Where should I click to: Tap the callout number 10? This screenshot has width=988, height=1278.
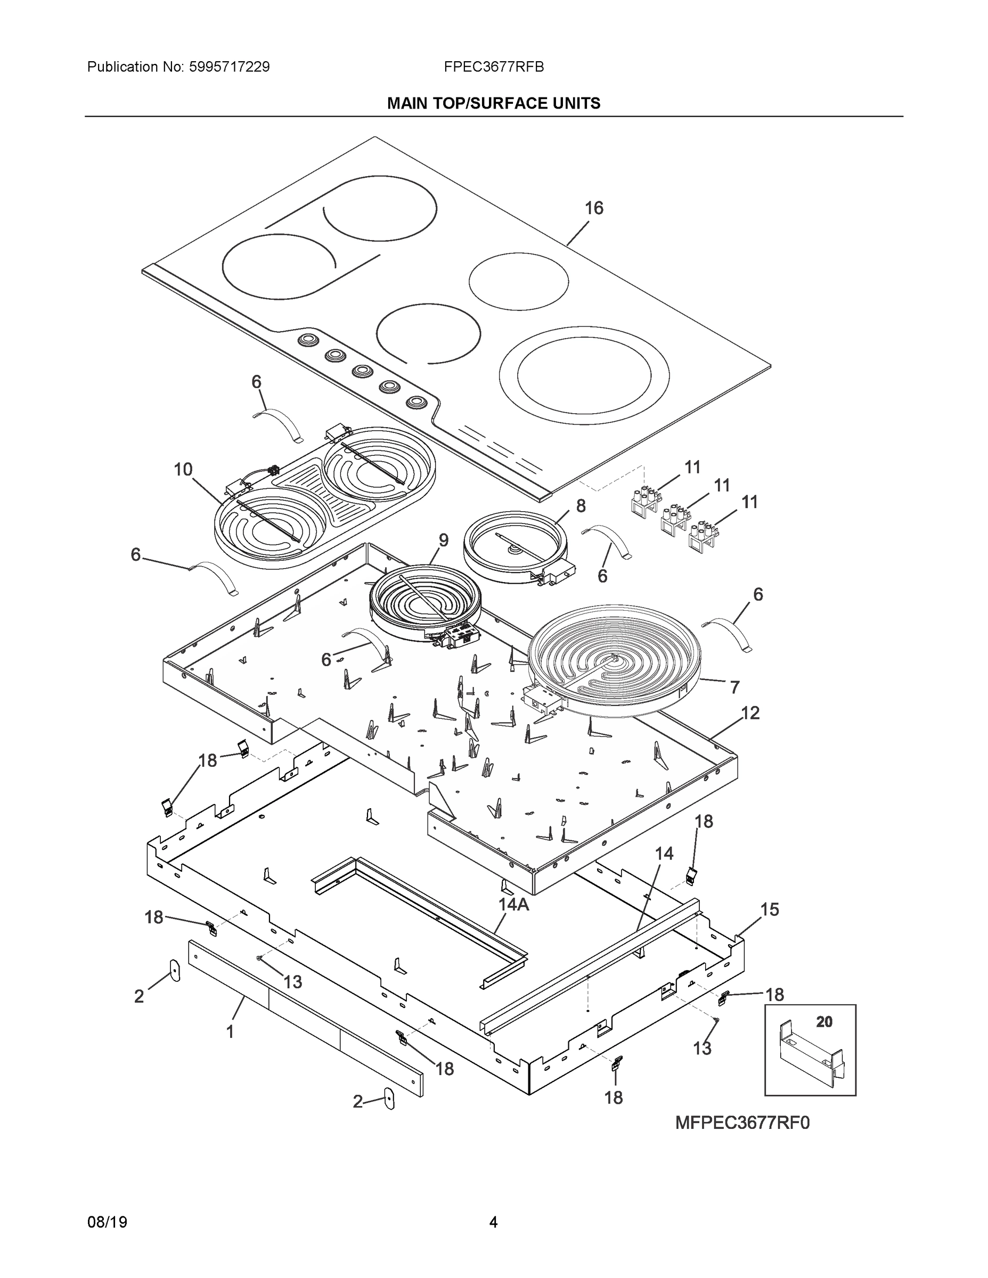coord(183,469)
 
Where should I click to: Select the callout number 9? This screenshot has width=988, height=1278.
coord(443,540)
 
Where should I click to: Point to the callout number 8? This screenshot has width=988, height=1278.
coord(580,505)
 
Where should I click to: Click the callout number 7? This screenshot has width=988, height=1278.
coord(734,687)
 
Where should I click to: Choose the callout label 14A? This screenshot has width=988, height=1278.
coord(513,904)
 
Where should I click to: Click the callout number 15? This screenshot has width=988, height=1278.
coord(770,910)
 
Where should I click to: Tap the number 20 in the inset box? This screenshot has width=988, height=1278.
coord(824,1022)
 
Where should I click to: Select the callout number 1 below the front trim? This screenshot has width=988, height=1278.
coord(230,1031)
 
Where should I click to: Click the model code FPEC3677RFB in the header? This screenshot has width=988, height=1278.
coord(493,67)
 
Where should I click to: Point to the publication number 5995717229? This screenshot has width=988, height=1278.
coord(230,67)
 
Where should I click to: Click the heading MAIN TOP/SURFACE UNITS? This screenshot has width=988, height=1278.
coord(493,104)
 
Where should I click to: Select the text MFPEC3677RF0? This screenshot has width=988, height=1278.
coord(742,1123)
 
